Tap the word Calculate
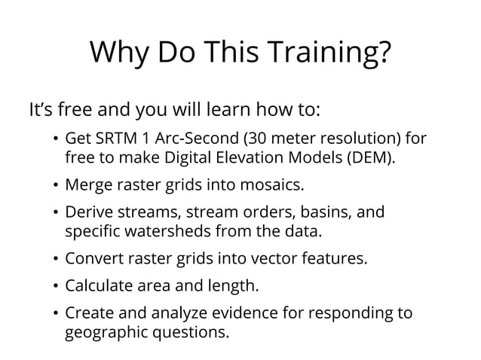(98, 285)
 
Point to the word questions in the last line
(189, 331)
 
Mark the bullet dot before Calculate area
(55, 286)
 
